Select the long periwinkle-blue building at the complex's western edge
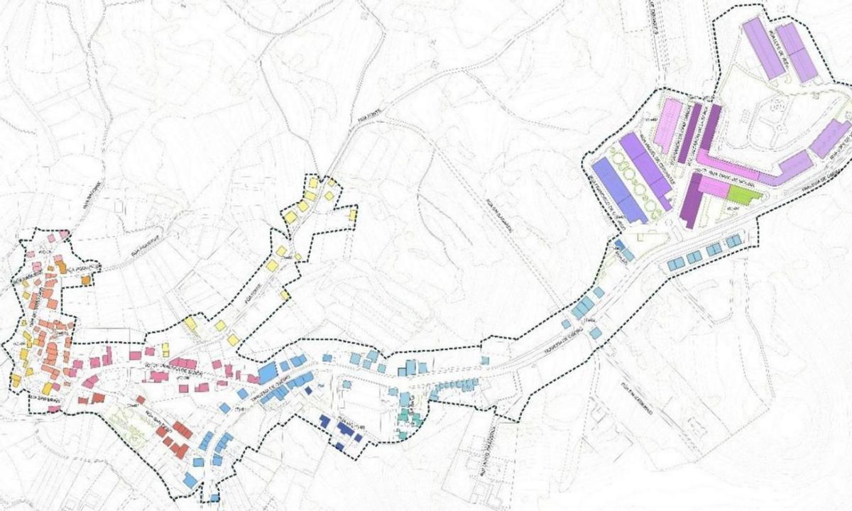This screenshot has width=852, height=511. click(617, 189)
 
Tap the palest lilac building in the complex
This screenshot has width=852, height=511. click(669, 125)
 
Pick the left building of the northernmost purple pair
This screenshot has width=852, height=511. click(762, 49)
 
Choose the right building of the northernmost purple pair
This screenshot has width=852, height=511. click(799, 52)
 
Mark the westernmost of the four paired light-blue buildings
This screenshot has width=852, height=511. click(675, 264)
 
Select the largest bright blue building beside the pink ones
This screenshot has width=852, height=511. click(268, 371)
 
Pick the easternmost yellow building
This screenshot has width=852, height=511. click(353, 214)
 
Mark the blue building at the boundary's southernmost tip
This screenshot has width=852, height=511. click(211, 495)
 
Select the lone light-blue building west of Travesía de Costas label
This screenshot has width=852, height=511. click(566, 324)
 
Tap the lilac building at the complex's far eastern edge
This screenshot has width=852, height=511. click(831, 139)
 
